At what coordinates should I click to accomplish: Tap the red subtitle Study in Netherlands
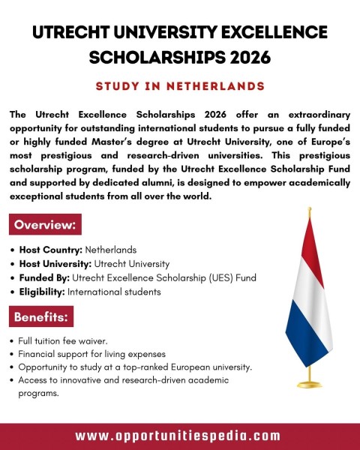click(x=180, y=86)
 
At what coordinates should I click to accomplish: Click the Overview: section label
click(x=45, y=224)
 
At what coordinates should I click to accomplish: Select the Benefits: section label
click(x=42, y=317)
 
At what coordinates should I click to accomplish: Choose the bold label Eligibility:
click(x=43, y=292)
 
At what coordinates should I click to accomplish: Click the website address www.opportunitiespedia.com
click(x=178, y=436)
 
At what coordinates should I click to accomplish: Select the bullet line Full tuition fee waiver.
click(x=64, y=340)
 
